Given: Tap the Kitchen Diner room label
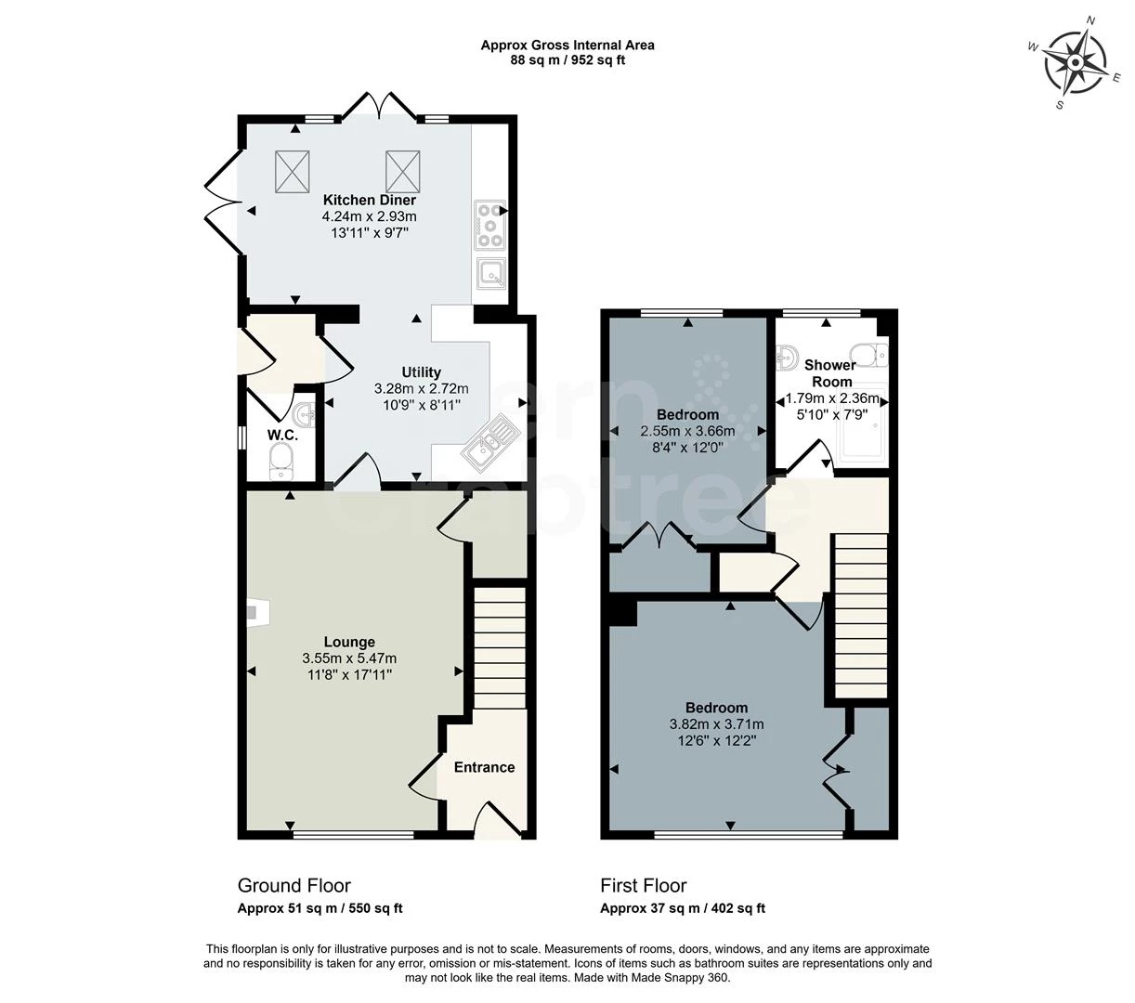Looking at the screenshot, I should tap(370, 200).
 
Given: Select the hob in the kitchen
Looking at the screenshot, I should tap(489, 225).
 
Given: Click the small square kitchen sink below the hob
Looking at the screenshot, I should tap(489, 272).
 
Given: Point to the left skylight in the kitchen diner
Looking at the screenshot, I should tap(294, 170).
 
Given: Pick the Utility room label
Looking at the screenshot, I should tap(421, 372).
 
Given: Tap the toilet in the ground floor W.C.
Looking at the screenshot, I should tap(280, 460).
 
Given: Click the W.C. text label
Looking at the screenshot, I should tap(282, 435).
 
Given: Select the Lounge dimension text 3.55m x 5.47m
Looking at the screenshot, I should tap(349, 658).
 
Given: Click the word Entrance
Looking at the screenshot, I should tap(484, 767).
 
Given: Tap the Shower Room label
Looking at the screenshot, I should tap(830, 373).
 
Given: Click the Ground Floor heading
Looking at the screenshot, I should tap(294, 885).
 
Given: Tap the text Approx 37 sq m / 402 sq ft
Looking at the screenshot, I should tap(683, 909).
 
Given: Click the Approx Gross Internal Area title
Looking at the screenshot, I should tap(567, 45).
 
